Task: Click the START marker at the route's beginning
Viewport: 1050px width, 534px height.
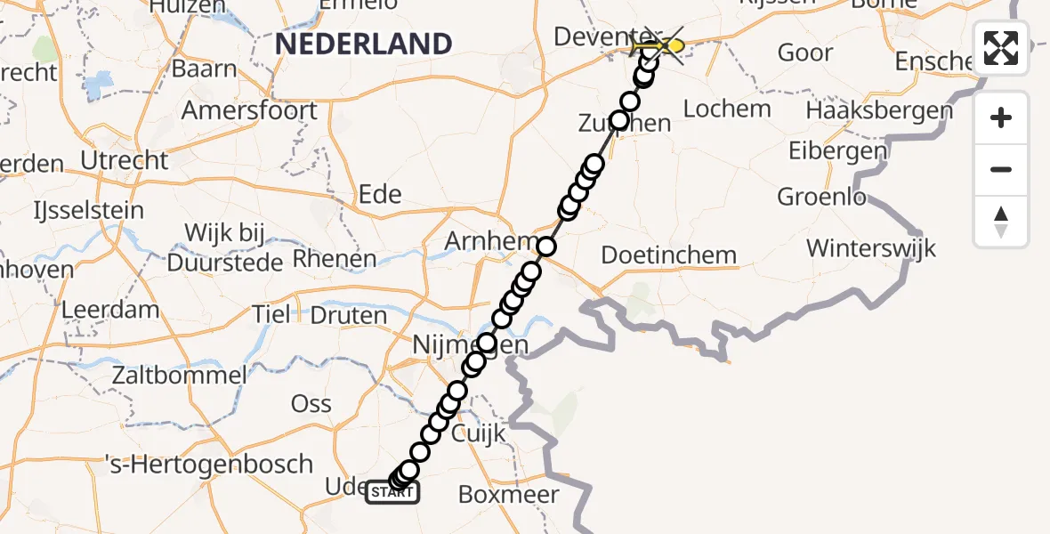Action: [392, 491]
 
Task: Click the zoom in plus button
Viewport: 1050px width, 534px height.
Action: [1001, 117]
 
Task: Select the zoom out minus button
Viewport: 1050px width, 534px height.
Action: [1001, 169]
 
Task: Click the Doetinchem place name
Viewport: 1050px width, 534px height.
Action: [669, 255]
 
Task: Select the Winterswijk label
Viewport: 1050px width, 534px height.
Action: [871, 247]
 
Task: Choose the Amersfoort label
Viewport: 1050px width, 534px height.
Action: [249, 111]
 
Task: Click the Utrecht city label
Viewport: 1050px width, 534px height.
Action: [124, 161]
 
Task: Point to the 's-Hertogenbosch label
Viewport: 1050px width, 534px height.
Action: [209, 465]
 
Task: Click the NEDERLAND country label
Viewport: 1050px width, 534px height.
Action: [363, 44]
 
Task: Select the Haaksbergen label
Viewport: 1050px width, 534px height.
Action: [879, 111]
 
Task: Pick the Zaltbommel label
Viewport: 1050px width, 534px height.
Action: [178, 376]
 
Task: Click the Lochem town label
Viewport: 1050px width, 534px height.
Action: [727, 109]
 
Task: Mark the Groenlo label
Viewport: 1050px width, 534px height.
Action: [821, 197]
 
